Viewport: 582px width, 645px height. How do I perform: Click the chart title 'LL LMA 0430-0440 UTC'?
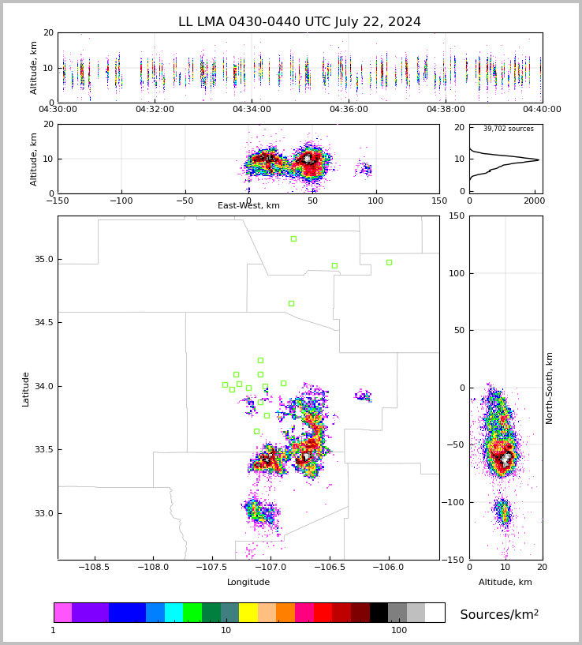tap(300, 22)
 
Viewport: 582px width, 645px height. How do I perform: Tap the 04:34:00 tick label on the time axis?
tap(251, 110)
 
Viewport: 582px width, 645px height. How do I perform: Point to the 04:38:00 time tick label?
tap(446, 110)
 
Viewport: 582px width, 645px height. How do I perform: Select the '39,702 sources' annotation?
tap(509, 129)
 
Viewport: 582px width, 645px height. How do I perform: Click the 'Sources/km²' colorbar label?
tap(499, 615)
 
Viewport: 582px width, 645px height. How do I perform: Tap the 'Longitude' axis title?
tap(248, 583)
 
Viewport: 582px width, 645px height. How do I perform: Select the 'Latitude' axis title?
tap(26, 388)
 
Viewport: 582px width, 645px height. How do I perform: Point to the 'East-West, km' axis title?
tap(248, 206)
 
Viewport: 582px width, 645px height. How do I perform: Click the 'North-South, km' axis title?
tap(550, 388)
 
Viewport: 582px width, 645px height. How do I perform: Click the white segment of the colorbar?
tap(435, 613)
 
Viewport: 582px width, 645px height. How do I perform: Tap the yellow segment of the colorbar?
tap(248, 613)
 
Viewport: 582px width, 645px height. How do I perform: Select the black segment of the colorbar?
tap(379, 613)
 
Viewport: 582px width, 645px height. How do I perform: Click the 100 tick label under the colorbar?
tap(399, 631)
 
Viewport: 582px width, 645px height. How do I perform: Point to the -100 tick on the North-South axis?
tap(457, 502)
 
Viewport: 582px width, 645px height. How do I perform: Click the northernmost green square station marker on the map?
tap(293, 238)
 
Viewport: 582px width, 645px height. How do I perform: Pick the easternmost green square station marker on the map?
tap(389, 262)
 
